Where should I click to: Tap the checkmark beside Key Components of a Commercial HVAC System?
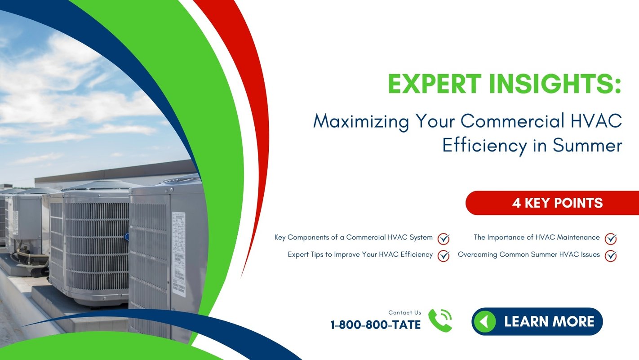[444, 238]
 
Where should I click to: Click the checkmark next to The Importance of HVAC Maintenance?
[610, 238]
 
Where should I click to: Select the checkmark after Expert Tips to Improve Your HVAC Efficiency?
[444, 255]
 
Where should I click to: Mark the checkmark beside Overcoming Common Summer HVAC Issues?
[610, 255]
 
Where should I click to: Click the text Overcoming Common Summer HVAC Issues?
[528, 254]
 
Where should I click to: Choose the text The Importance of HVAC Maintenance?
[537, 237]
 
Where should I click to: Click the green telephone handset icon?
[439, 320]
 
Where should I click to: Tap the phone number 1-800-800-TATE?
[376, 324]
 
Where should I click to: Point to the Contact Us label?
[405, 312]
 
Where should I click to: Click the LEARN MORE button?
[537, 321]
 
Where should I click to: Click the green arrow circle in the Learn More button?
[484, 321]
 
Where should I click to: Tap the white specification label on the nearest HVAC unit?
[178, 252]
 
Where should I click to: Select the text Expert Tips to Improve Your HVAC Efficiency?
[360, 254]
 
